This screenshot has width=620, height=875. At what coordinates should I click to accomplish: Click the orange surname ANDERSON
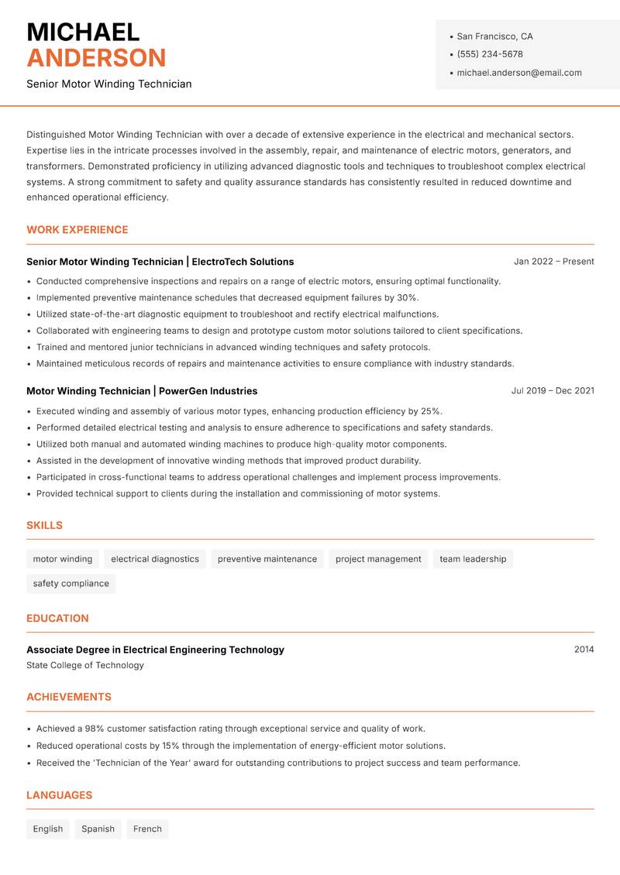pos(96,58)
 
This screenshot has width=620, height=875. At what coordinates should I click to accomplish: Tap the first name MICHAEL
pos(83,32)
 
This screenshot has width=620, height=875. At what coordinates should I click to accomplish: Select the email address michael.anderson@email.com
pos(518,73)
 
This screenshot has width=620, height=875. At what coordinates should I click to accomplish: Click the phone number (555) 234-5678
pos(489,54)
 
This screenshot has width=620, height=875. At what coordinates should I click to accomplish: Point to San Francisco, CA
pos(494,36)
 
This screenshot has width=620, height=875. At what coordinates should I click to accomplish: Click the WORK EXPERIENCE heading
pos(77,230)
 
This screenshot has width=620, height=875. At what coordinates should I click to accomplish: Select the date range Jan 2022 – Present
pos(553,262)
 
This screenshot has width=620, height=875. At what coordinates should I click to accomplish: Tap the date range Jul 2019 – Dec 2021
pos(552,391)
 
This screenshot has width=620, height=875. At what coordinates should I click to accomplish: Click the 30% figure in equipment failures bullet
pos(408,298)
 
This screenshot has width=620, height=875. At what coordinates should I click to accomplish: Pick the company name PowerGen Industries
pos(208,391)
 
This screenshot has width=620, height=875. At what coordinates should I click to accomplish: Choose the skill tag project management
pos(378,559)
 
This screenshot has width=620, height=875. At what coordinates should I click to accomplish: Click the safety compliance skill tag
pos(71,584)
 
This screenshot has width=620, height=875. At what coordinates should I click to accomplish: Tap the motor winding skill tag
pos(63,559)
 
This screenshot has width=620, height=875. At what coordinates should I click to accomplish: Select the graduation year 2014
pos(584,650)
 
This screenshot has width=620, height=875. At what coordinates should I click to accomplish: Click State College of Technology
pos(85,665)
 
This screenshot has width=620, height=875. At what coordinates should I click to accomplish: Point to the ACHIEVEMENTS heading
pos(69,697)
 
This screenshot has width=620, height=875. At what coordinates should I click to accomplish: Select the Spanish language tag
pos(98,829)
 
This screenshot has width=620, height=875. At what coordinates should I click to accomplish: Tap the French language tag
pos(147,829)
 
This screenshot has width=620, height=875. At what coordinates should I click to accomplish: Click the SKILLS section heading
pos(44,526)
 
